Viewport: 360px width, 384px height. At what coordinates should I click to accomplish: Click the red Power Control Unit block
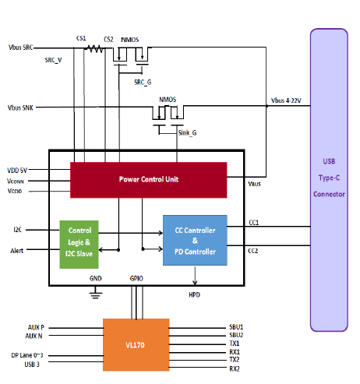[149, 180]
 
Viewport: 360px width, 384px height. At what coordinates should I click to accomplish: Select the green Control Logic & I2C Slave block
[79, 245]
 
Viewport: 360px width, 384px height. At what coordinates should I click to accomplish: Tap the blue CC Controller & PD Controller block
[195, 240]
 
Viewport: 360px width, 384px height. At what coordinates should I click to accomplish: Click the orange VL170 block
[136, 345]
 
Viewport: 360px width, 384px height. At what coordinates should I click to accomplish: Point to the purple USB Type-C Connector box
[329, 180]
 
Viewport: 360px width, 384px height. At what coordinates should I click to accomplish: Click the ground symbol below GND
[96, 293]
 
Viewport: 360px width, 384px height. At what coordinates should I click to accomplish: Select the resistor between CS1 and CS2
[94, 48]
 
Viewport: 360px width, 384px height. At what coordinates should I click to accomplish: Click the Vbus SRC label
[21, 48]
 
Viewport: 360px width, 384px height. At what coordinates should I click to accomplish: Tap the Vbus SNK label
[20, 107]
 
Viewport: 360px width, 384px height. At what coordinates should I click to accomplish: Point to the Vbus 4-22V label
[286, 100]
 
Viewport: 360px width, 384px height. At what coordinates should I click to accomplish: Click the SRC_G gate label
[143, 83]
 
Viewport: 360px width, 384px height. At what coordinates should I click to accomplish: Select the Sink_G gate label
[187, 133]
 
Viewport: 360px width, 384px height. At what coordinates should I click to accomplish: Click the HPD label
[195, 294]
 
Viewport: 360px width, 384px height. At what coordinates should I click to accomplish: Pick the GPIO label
[136, 278]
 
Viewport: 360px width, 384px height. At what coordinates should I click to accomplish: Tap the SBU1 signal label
[236, 327]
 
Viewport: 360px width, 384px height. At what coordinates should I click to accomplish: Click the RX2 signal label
[235, 368]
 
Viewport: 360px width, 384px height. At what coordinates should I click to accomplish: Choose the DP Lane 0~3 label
[27, 355]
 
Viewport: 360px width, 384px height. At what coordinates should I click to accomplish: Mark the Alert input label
[17, 251]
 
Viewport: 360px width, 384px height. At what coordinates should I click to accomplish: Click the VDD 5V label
[17, 171]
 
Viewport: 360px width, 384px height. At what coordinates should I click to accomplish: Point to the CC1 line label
[254, 223]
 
